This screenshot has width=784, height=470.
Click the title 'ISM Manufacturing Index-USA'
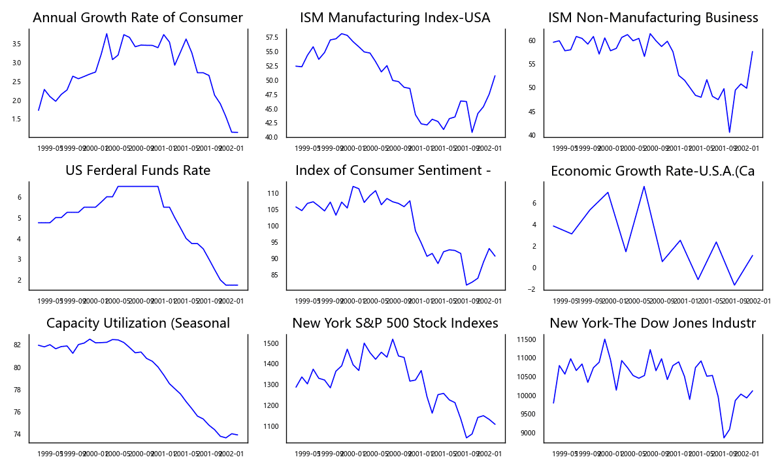coord(395,18)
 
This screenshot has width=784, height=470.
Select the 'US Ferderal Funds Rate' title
coord(138,170)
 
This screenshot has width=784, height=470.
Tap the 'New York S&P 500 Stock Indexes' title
coord(395,323)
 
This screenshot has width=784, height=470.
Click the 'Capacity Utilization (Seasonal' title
coord(138,323)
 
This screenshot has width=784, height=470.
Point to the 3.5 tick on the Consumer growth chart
coord(16,44)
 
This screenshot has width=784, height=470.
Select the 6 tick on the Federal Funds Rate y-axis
coord(20,197)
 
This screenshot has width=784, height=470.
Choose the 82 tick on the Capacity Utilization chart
coord(18,345)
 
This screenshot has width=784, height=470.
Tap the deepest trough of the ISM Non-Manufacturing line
coord(729,133)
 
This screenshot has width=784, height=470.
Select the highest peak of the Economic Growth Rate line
coord(644,187)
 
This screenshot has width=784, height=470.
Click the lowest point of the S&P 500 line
coord(466,437)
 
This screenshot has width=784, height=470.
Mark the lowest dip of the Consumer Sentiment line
coord(466,285)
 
